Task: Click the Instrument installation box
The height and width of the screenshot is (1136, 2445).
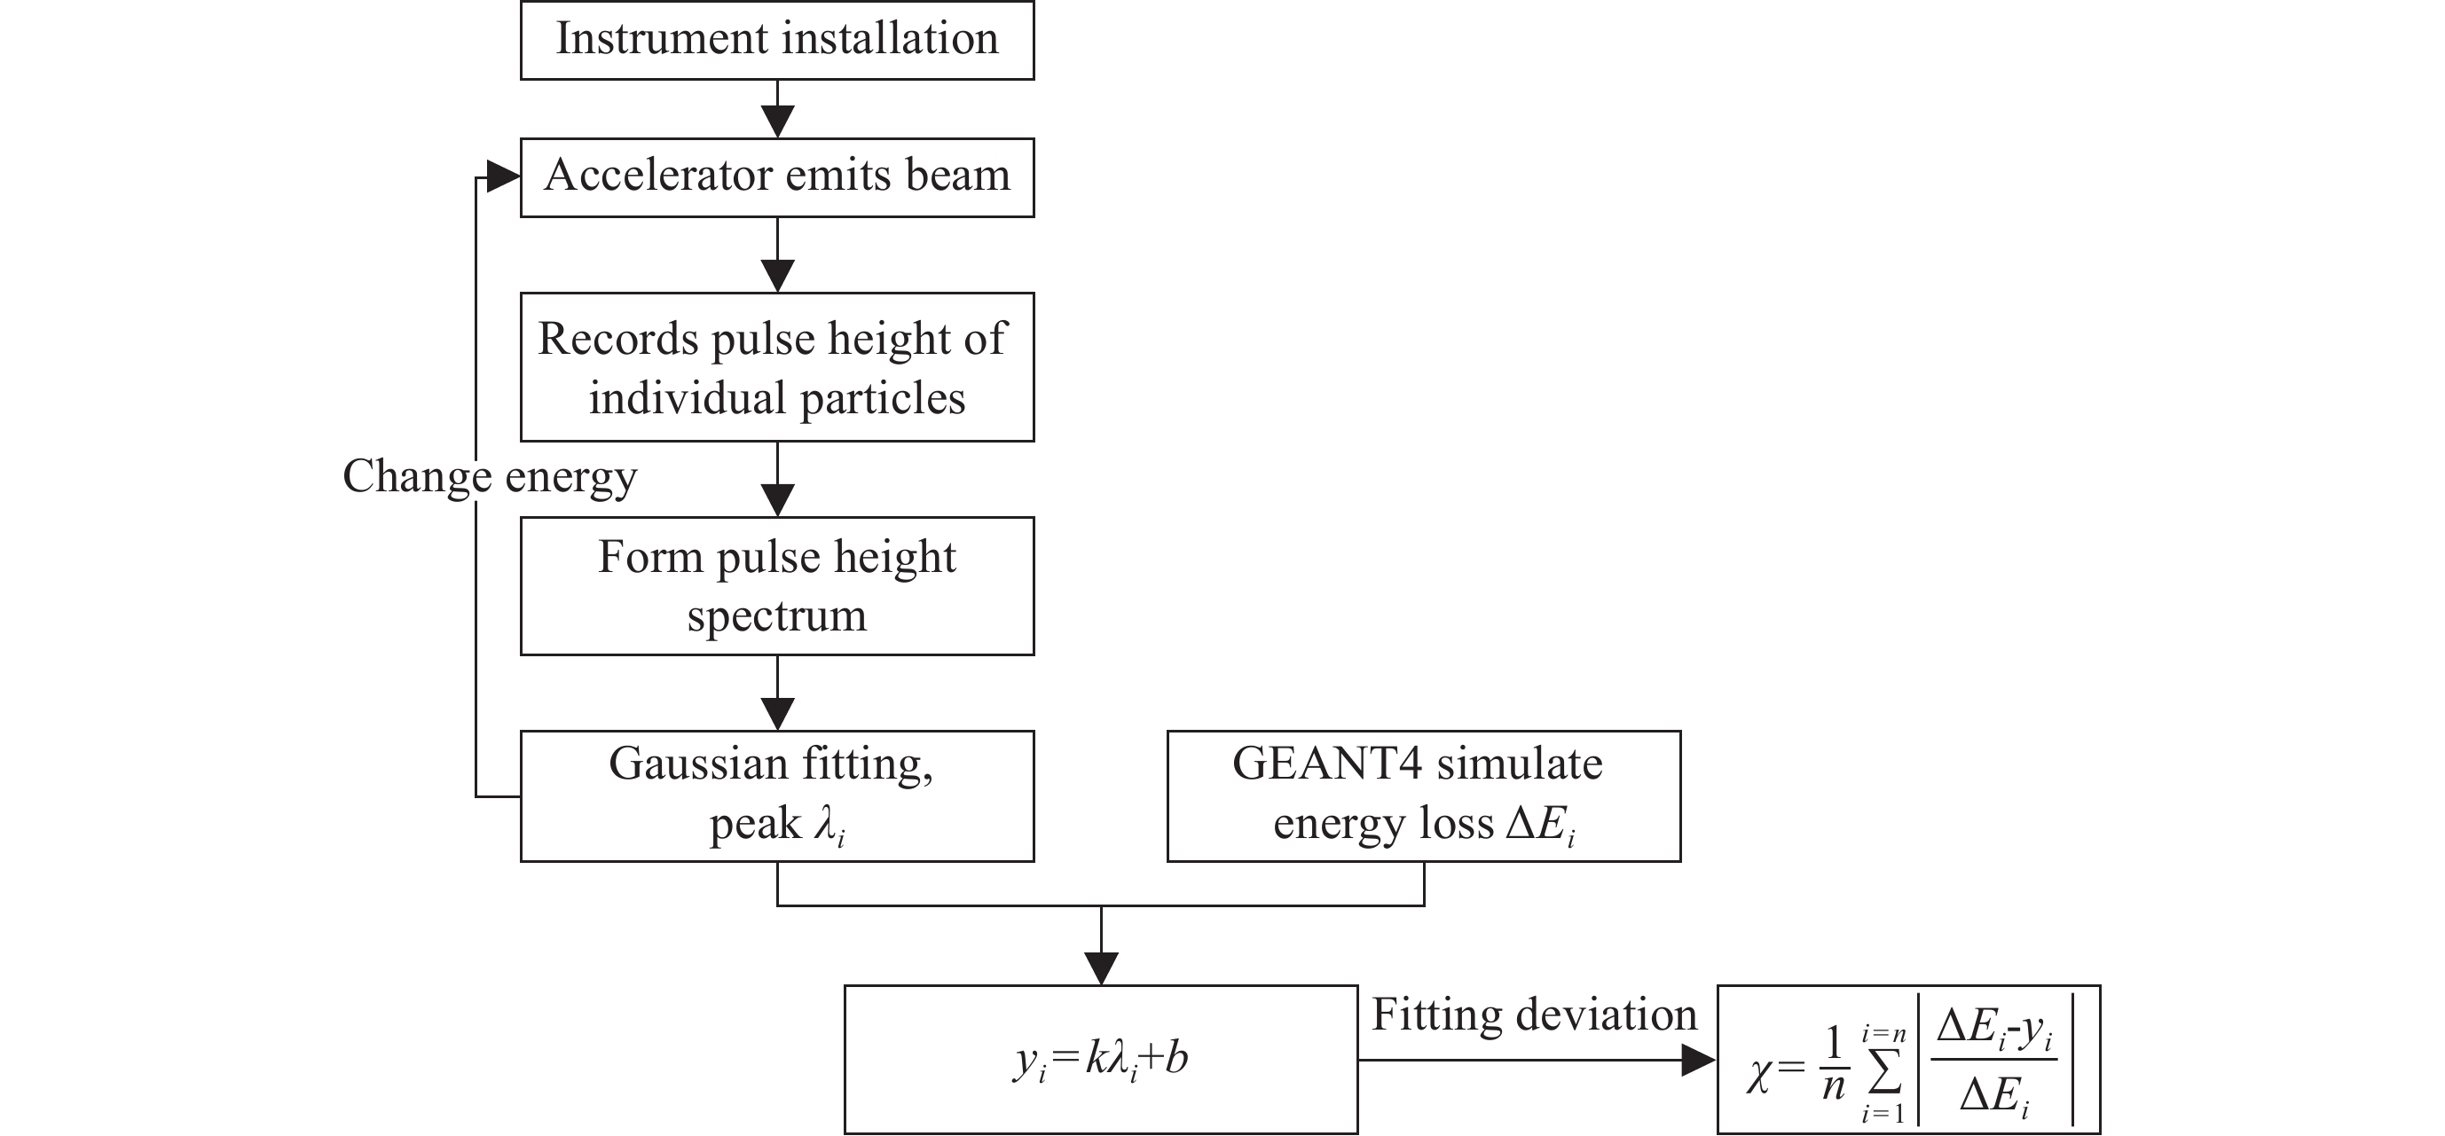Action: [x=776, y=40]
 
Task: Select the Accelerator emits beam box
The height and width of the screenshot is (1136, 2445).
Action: [x=776, y=177]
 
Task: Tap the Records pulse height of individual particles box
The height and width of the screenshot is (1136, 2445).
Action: [x=776, y=366]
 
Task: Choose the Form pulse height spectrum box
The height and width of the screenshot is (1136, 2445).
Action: [x=776, y=585]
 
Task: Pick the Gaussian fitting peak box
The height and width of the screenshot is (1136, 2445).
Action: [x=776, y=795]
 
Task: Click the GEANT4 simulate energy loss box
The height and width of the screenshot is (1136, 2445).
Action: [x=1423, y=795]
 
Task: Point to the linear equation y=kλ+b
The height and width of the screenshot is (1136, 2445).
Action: [x=1101, y=1059]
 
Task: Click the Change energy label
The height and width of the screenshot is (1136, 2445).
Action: [x=489, y=476]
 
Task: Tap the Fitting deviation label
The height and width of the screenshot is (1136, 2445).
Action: [x=1534, y=1015]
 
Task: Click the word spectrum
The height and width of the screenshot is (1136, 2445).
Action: [x=776, y=617]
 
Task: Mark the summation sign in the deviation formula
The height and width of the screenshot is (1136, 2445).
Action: [x=1884, y=1072]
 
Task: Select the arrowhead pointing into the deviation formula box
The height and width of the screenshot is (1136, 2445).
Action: [x=1699, y=1060]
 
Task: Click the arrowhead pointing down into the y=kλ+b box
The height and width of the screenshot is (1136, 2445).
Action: [x=1101, y=968]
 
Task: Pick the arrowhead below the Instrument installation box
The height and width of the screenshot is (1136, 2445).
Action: [x=777, y=121]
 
